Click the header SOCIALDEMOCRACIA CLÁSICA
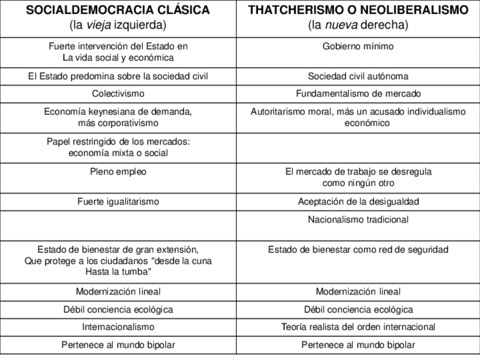(x=118, y=11)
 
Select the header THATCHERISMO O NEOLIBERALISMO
(x=358, y=11)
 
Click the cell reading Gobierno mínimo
(x=358, y=46)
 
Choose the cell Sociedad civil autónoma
(x=358, y=76)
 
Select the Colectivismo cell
(x=118, y=93)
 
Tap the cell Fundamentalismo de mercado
(x=358, y=93)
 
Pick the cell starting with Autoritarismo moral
(x=358, y=117)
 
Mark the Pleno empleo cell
(x=118, y=172)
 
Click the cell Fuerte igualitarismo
(x=118, y=202)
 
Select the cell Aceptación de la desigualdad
(x=358, y=202)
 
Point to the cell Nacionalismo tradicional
(x=358, y=220)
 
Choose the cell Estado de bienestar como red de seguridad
(x=358, y=250)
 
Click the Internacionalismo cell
(x=118, y=327)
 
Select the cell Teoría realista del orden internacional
(x=358, y=327)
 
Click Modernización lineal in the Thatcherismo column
(x=358, y=292)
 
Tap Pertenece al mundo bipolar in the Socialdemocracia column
(x=118, y=345)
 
